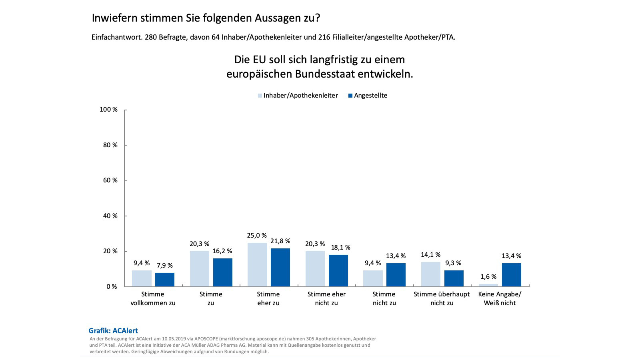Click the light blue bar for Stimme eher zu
257,264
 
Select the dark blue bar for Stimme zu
223,272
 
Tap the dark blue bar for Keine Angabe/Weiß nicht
512,275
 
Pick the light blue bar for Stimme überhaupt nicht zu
430,274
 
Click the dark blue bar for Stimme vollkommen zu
165,280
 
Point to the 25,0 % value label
257,236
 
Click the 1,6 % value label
488,277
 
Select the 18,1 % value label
340,248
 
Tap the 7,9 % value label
164,266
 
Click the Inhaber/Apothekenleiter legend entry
298,96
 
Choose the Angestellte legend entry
368,96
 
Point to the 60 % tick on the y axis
110,180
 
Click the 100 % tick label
108,110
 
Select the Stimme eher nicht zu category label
326,298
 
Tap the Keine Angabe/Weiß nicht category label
500,298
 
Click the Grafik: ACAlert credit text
113,331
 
